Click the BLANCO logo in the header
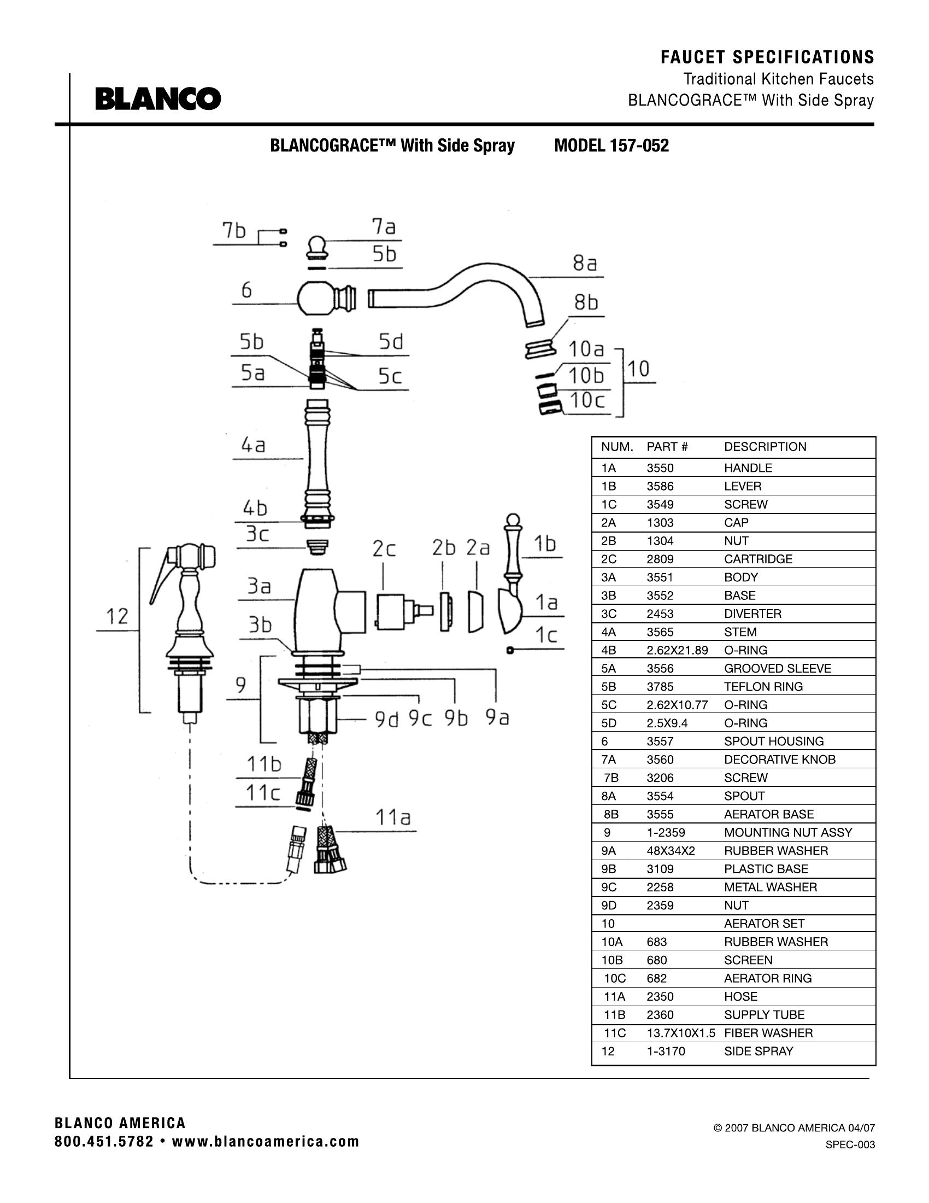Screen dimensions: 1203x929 pos(158,99)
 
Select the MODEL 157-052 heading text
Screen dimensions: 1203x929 pos(611,146)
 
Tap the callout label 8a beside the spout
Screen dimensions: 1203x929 pos(585,264)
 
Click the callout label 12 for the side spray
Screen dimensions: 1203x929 pos(117,616)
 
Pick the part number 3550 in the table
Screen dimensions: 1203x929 pos(660,468)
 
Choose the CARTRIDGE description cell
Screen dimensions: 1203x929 pos(758,559)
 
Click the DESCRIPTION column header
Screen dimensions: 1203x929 pos(765,447)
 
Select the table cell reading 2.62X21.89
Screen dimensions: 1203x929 pos(677,650)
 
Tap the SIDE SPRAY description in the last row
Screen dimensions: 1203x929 pos(759,1051)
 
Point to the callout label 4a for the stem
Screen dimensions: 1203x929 pos(253,445)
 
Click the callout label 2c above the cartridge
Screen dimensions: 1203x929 pos(384,548)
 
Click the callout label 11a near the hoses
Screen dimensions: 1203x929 pos(393,817)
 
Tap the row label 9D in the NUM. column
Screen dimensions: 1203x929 pos(608,905)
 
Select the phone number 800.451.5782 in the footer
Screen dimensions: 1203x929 pos(104,1142)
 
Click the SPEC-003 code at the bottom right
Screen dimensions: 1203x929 pos(850,1144)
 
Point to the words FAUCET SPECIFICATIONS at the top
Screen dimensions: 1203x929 pos(767,57)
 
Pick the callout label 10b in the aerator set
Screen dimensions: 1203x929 pos(586,376)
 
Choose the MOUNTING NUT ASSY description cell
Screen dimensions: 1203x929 pos(787,832)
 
